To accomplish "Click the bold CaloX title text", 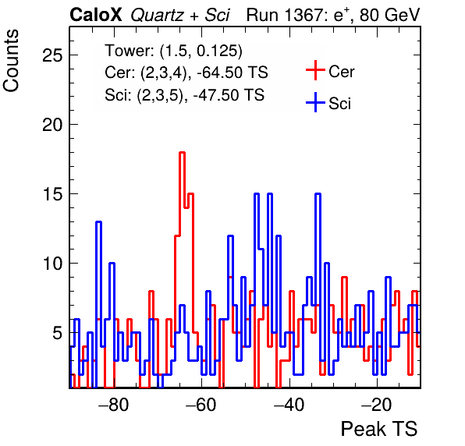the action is click(x=96, y=15).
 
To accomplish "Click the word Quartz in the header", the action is click(x=158, y=16).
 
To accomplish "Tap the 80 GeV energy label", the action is click(x=390, y=15).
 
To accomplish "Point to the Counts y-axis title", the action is click(x=11, y=61).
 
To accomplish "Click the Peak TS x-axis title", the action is click(x=379, y=429).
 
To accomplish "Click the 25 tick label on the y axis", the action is click(x=53, y=55).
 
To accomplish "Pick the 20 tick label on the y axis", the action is click(x=53, y=125).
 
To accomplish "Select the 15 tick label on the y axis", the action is click(x=53, y=194).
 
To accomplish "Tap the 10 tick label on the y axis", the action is click(x=53, y=264).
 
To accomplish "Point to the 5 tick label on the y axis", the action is click(x=58, y=333).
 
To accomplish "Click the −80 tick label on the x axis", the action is click(x=114, y=405).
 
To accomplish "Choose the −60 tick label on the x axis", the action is click(x=201, y=405).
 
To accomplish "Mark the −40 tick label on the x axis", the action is click(x=289, y=405).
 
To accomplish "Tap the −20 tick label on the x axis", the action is click(x=377, y=405).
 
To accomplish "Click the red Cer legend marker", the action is click(x=315, y=70).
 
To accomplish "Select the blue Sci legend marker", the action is click(x=315, y=103).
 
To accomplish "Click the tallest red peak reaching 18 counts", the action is click(x=182, y=153).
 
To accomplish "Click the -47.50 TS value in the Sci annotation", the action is click(x=229, y=95).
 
